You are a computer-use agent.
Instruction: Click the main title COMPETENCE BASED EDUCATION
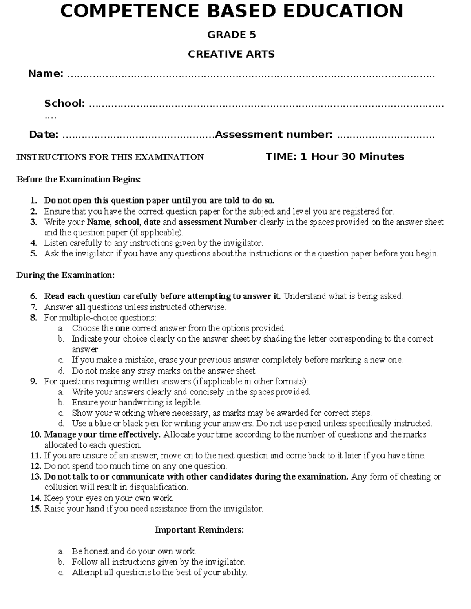coord(232,11)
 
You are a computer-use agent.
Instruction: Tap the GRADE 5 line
coord(232,35)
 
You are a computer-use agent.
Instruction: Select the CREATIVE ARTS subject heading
coord(231,54)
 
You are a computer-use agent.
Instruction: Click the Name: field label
coord(46,74)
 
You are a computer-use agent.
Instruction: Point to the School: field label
coord(64,104)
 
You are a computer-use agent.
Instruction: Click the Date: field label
coord(44,135)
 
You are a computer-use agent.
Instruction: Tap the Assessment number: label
coord(274,135)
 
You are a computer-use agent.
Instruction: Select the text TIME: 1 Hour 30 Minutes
coord(335,156)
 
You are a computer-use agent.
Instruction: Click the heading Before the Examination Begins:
coord(78,179)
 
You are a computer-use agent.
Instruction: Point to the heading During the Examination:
coord(66,275)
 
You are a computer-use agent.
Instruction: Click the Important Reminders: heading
coord(199,530)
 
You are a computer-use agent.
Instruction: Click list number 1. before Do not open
coord(34,201)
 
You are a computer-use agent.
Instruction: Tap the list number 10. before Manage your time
coord(35,434)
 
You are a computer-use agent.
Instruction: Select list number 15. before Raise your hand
coord(35,509)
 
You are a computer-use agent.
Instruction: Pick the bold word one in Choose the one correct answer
coord(122,328)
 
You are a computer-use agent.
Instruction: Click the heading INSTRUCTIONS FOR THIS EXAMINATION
coord(110,157)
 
